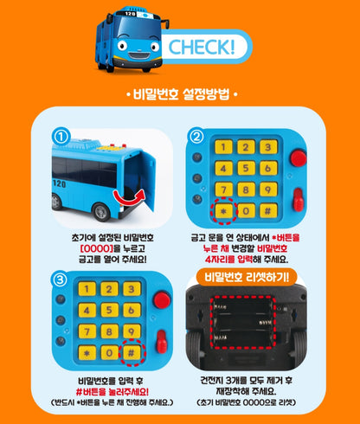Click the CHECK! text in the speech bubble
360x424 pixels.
pyautogui.click(x=202, y=47)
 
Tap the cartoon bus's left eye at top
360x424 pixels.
pyautogui.click(x=123, y=45)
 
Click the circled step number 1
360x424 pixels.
pyautogui.click(x=61, y=137)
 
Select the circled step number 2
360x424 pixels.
pyautogui.click(x=196, y=137)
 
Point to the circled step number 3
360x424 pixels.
pyautogui.click(x=60, y=279)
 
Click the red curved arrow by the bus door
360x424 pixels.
pyautogui.click(x=128, y=197)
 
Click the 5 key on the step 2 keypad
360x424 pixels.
pyautogui.click(x=246, y=168)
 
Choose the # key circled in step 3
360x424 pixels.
pyautogui.click(x=132, y=353)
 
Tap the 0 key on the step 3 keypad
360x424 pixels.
pyautogui.click(x=109, y=353)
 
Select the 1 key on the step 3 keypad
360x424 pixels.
pyautogui.click(x=87, y=289)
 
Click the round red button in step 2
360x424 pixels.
pyautogui.click(x=299, y=157)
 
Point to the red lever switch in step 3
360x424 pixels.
pyautogui.click(x=161, y=342)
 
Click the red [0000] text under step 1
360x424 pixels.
pyautogui.click(x=96, y=248)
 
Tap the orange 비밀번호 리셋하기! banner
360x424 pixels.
pyautogui.click(x=246, y=277)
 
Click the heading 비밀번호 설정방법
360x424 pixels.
pyautogui.click(x=182, y=94)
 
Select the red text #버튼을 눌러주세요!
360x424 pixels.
pyautogui.click(x=112, y=392)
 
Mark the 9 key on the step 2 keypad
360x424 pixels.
pyautogui.click(x=268, y=190)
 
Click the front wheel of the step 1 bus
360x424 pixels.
pyautogui.click(x=100, y=212)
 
